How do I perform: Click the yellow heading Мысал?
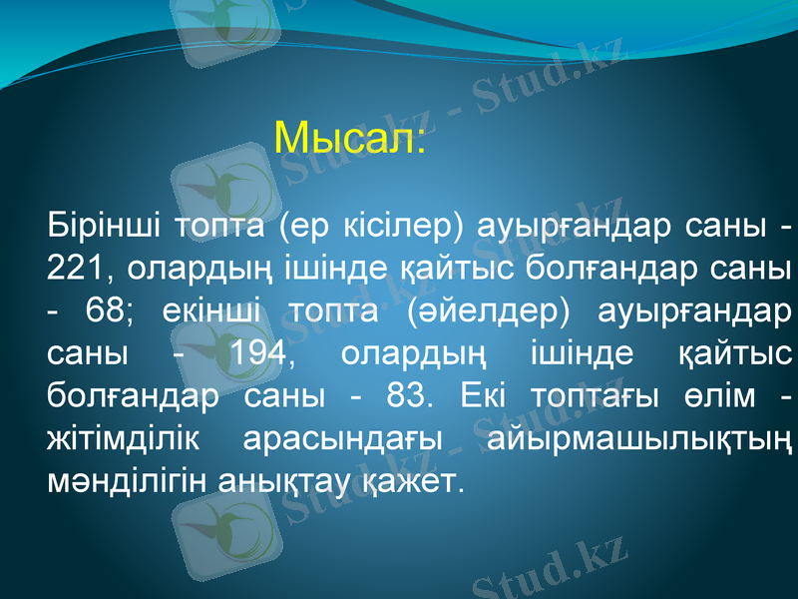[350, 137]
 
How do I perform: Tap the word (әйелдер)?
[473, 310]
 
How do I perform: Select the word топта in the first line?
[218, 225]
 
